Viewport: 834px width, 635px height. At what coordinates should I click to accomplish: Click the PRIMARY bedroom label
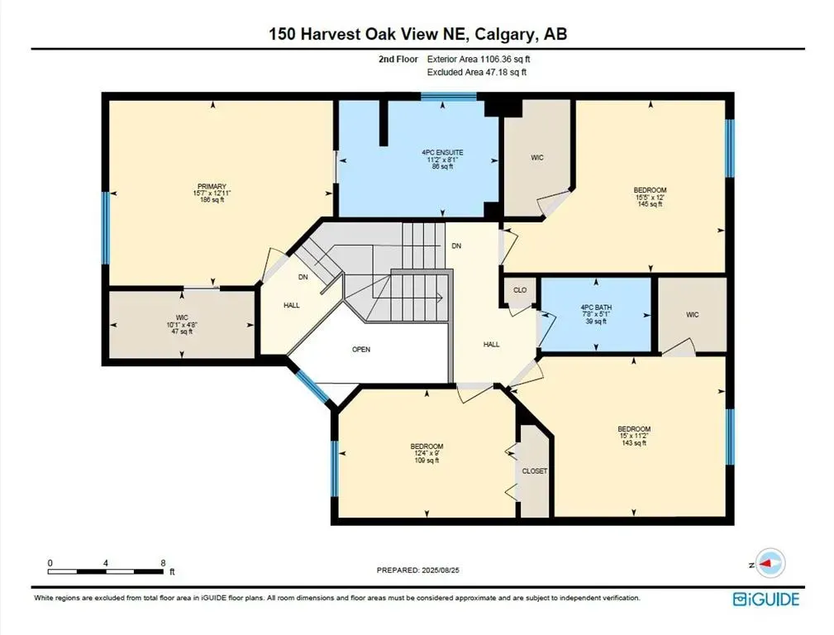point(212,186)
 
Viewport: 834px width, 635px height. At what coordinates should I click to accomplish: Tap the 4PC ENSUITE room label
point(442,153)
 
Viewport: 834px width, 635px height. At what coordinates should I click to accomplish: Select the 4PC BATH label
point(596,308)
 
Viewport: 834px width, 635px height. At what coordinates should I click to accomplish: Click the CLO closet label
point(520,290)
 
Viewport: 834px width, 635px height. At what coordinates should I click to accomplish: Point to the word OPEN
point(361,350)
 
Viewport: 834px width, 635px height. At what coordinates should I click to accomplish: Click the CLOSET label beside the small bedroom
point(535,471)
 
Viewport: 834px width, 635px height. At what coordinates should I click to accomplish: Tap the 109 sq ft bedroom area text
point(427,461)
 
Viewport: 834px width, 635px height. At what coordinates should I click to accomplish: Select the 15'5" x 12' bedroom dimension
point(650,197)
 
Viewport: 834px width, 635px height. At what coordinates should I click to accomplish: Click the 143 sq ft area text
point(634,443)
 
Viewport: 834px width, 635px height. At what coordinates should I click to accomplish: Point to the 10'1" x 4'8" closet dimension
point(182,325)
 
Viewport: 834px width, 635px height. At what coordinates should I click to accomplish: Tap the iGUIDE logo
point(766,599)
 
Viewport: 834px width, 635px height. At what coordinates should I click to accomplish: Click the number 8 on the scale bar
point(163,562)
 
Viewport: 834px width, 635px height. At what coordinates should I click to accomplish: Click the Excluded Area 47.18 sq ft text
point(477,73)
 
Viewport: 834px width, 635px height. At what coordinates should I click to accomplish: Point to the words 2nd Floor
point(398,59)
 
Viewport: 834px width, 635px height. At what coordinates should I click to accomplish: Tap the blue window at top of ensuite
point(449,97)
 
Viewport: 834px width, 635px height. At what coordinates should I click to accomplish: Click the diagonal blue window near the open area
point(312,386)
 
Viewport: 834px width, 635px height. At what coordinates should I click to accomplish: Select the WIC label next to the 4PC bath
point(692,315)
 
